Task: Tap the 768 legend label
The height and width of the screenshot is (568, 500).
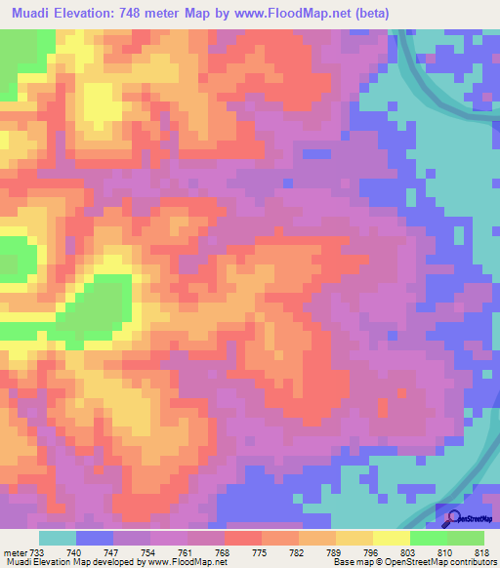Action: [225, 551]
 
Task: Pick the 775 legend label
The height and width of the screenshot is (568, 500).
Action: [262, 551]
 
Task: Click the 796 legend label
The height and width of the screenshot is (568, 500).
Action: [372, 551]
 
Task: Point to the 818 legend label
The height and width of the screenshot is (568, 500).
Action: [481, 551]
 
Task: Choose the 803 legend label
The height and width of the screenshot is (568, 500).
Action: [408, 551]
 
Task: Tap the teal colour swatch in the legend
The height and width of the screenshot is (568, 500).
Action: [58, 538]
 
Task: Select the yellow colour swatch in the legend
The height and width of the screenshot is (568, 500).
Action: [391, 538]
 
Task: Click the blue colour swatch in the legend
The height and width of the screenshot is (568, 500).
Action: [95, 538]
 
